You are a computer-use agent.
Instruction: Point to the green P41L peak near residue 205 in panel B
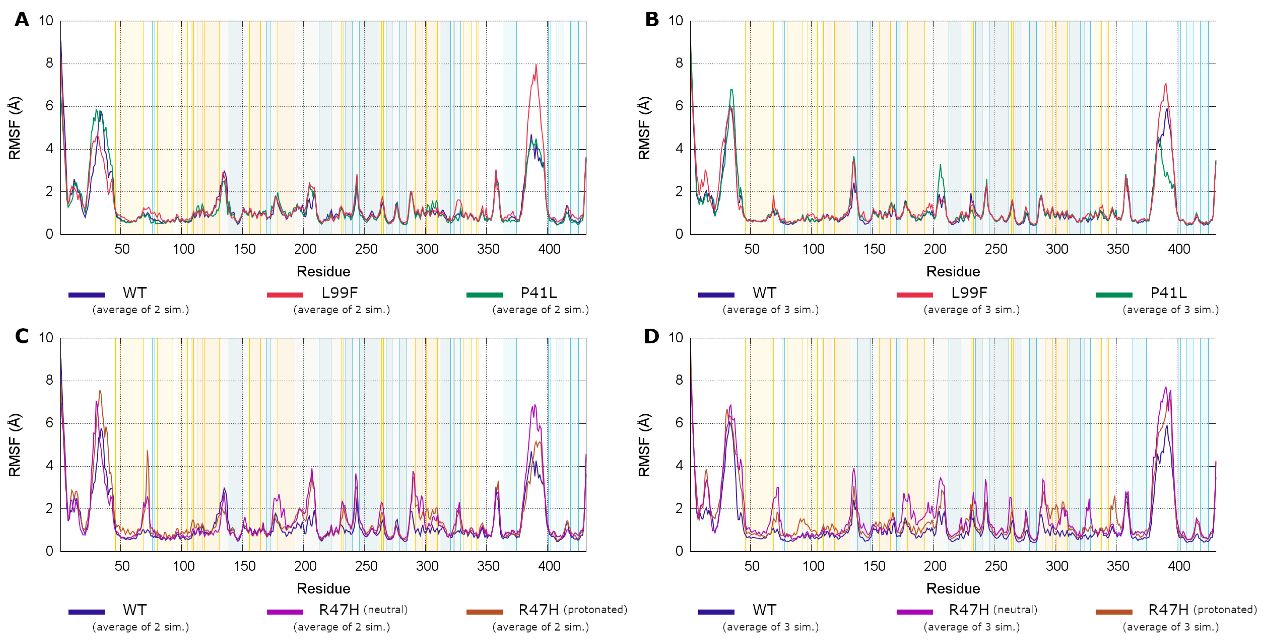coord(940,166)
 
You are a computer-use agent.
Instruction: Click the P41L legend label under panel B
coord(1168,293)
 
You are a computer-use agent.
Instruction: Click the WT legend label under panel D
coord(764,610)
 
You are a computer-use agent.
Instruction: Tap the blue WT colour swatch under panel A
coord(86,295)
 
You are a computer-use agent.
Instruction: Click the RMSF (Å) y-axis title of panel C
coord(15,445)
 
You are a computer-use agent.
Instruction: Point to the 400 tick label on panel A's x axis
coord(549,249)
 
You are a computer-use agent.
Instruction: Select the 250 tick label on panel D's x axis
coord(996,566)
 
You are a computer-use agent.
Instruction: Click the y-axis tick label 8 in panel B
coord(679,63)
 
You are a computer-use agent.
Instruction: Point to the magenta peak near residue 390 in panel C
coord(534,405)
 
